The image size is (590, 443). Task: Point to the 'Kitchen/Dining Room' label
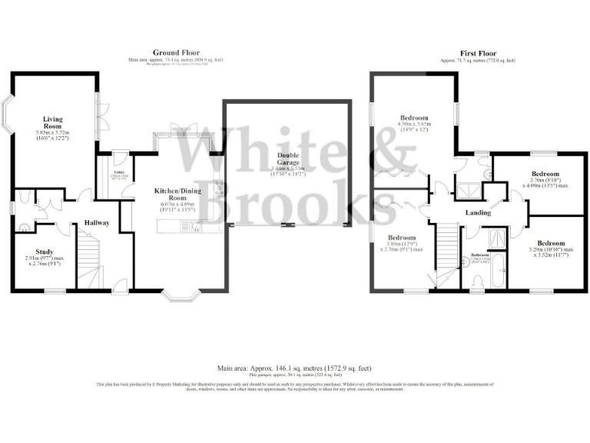point(177,193)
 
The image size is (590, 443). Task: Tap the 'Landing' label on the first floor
point(479,212)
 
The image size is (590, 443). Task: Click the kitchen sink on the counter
point(196,226)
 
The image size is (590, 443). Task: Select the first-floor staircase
point(446,246)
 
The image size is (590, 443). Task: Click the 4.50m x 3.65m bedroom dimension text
point(412,125)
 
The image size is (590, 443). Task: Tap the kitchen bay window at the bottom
point(182,294)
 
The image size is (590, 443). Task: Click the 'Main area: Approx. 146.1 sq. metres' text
point(295,368)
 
